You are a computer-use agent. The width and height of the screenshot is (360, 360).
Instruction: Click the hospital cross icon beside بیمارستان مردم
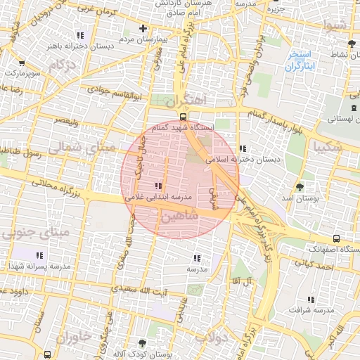[x=143, y=29]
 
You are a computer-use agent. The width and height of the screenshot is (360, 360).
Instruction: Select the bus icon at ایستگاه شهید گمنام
[x=182, y=117]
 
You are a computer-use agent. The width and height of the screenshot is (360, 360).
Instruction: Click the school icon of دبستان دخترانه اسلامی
[x=243, y=148]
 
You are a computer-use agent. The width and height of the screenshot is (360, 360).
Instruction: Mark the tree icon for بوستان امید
[x=300, y=187]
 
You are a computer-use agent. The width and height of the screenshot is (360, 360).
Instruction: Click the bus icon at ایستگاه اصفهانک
[x=336, y=238]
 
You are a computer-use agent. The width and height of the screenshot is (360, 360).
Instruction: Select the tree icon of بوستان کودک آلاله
[x=143, y=344]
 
